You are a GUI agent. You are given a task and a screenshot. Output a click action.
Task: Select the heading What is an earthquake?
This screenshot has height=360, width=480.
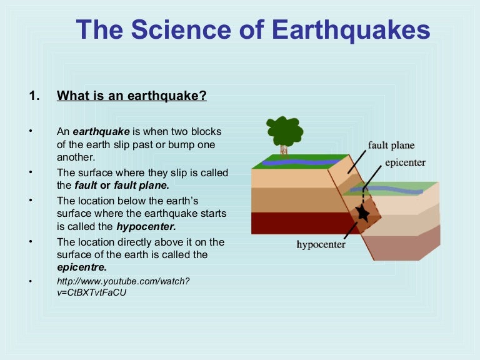[131, 96]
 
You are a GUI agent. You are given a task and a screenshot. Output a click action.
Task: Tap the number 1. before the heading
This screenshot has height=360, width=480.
[34, 96]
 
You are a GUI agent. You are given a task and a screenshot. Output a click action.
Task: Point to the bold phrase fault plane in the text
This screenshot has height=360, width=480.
[143, 185]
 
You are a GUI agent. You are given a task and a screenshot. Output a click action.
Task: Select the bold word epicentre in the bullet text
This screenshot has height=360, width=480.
[77, 266]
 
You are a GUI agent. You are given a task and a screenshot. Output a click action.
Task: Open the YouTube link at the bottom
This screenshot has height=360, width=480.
[122, 286]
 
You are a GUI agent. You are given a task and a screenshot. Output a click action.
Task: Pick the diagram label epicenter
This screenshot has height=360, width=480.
[406, 162]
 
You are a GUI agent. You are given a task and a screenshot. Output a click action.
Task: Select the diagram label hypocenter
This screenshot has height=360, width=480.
[321, 244]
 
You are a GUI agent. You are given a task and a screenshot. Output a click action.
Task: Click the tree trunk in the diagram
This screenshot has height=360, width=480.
[284, 149]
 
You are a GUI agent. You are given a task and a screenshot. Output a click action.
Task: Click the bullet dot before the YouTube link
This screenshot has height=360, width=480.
[29, 281]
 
